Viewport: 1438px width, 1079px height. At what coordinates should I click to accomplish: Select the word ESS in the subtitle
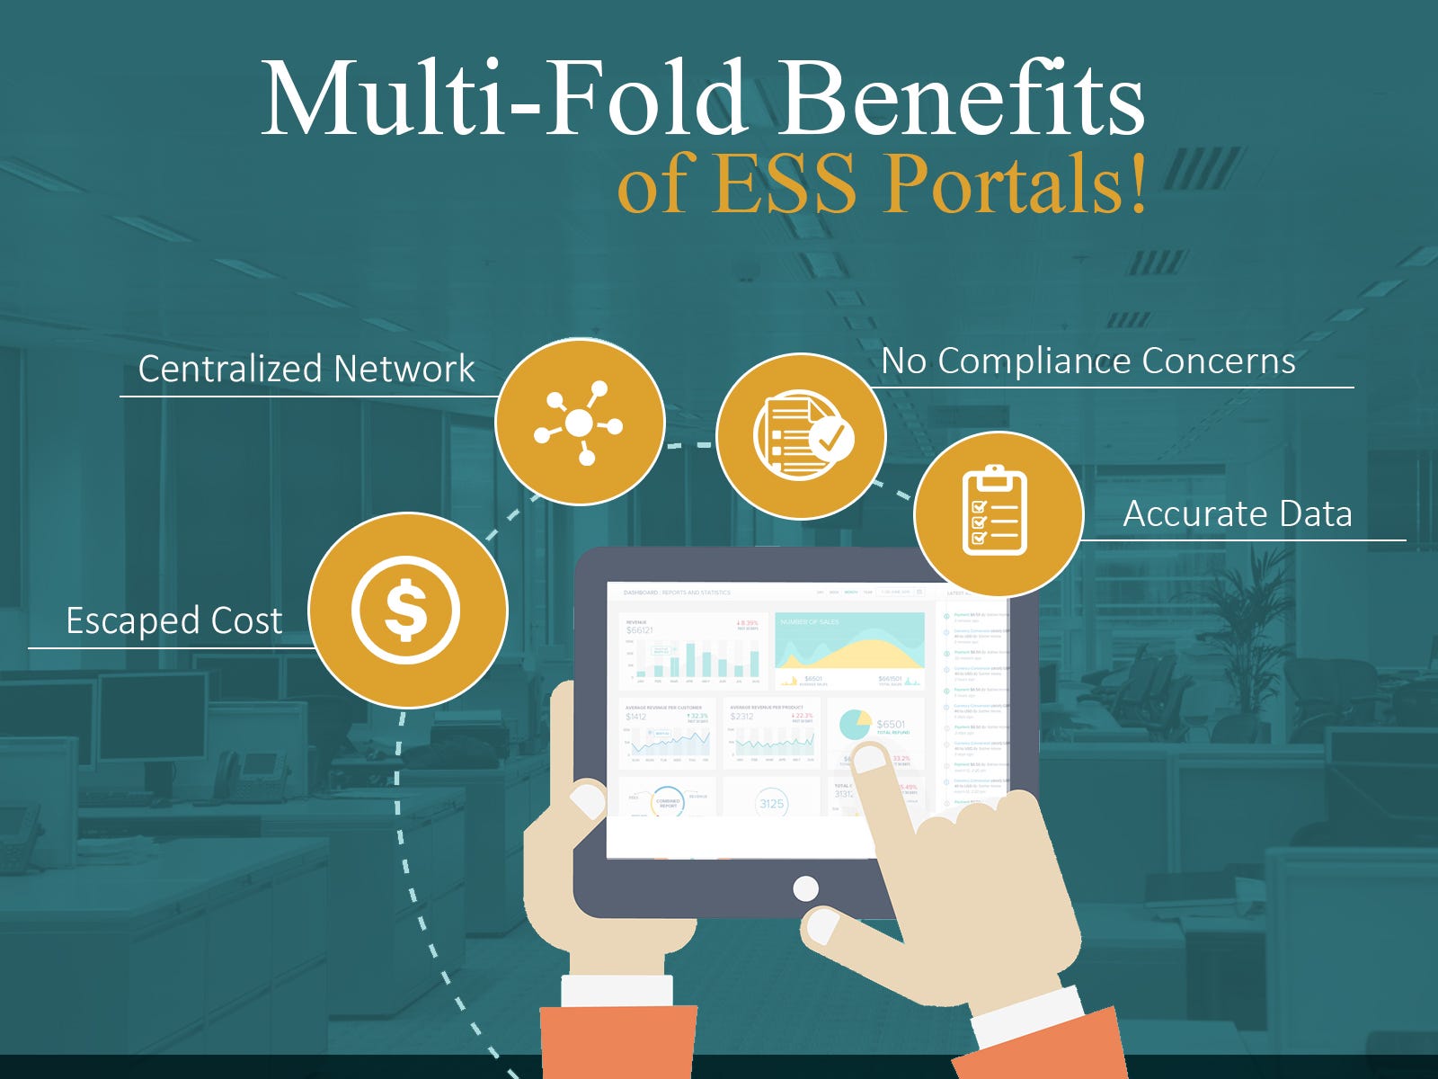pyautogui.click(x=787, y=184)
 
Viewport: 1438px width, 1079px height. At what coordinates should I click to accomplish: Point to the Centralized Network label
pyautogui.click(x=306, y=369)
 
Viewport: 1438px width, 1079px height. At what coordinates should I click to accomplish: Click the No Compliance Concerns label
pyautogui.click(x=1088, y=361)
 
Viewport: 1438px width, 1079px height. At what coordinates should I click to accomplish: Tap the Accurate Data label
pyautogui.click(x=1238, y=513)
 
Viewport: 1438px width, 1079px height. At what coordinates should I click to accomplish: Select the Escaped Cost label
pyautogui.click(x=174, y=620)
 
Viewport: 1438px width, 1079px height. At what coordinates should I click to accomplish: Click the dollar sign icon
pyautogui.click(x=406, y=610)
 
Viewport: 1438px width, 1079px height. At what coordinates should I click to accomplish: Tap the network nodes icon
pyautogui.click(x=580, y=423)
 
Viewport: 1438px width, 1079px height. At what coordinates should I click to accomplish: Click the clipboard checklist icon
pyautogui.click(x=996, y=512)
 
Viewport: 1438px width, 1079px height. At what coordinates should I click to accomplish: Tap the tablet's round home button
pyautogui.click(x=806, y=888)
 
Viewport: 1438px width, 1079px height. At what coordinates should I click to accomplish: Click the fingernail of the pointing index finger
pyautogui.click(x=868, y=761)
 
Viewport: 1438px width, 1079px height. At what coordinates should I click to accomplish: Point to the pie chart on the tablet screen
pyautogui.click(x=855, y=725)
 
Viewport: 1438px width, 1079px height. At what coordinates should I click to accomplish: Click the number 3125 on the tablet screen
pyautogui.click(x=771, y=803)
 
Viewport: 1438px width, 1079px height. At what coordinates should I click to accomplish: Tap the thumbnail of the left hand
pyautogui.click(x=588, y=799)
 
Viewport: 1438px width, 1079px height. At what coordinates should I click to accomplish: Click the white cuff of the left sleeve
pyautogui.click(x=617, y=990)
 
